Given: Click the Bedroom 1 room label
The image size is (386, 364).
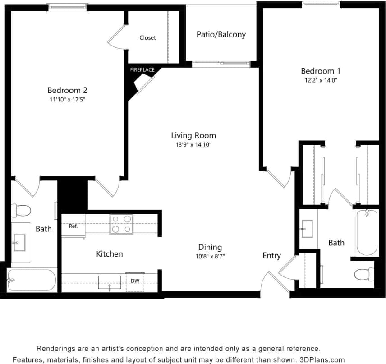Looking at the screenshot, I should click(x=321, y=71).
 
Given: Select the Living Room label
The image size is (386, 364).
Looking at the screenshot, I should click(x=193, y=135).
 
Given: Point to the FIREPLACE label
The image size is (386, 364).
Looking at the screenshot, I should click(x=142, y=70).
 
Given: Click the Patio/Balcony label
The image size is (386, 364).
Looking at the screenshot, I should click(x=221, y=34).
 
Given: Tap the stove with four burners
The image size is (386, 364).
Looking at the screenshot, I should click(x=121, y=224).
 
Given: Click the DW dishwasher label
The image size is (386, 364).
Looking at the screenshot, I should click(x=135, y=281).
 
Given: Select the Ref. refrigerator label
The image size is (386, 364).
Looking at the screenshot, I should click(x=74, y=226).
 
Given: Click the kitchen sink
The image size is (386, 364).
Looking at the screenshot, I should click(x=110, y=282).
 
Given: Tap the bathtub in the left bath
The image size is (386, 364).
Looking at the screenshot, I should click(x=32, y=280).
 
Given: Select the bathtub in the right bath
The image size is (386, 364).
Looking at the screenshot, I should click(x=367, y=233).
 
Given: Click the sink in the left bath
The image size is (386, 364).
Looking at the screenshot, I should click(x=20, y=242).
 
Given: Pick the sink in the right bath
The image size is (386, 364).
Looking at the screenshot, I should click(x=308, y=228).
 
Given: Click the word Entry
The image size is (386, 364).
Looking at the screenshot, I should click(x=271, y=256).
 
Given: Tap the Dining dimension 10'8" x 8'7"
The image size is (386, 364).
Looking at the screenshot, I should click(x=210, y=256).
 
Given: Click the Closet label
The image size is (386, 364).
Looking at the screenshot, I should click(x=147, y=38).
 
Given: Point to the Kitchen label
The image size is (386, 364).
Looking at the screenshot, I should click(x=109, y=254).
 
